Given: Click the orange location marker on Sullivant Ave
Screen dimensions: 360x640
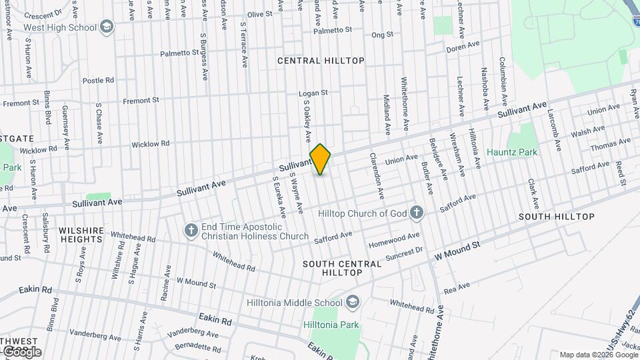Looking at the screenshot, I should click(320, 159).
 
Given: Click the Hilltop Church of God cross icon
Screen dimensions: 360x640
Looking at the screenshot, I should click(417, 213).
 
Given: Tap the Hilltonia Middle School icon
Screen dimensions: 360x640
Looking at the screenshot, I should click(353, 301).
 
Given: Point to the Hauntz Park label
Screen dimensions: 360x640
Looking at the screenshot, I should click(512, 152).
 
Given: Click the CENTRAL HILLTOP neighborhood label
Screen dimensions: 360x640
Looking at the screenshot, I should click(321, 61).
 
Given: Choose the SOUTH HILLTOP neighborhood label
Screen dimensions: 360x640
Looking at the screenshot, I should click(556, 217).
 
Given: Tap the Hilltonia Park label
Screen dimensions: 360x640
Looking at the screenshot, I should click(331, 325).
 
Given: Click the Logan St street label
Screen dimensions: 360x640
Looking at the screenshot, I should click(313, 93).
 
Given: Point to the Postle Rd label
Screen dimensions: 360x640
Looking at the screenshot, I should click(98, 80).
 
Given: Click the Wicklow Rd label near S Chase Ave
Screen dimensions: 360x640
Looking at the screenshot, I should click(150, 143).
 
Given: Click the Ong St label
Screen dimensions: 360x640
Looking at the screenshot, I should click(383, 34).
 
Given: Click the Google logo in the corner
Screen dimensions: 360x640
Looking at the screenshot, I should click(21, 351).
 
